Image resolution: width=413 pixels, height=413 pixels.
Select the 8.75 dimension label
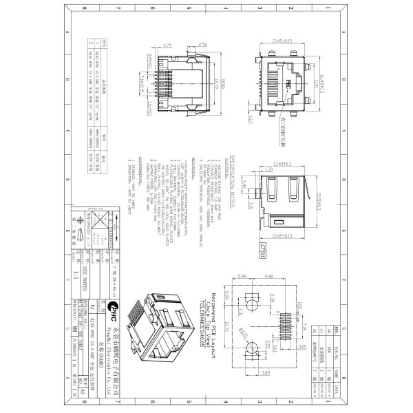[x=167, y=45]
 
